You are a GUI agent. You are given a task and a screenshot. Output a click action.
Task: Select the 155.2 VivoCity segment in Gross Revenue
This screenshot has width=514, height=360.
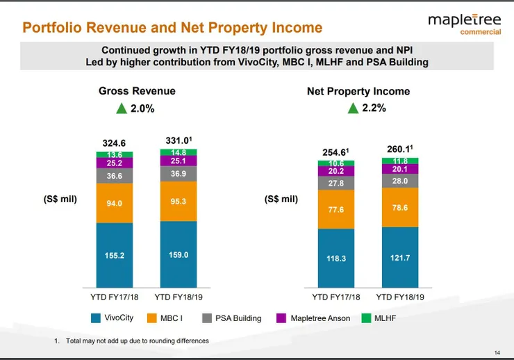[115, 256]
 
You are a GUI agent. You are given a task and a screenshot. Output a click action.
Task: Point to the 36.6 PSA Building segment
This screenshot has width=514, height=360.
[115, 177]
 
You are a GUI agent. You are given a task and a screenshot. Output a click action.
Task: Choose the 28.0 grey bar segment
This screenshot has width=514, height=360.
[400, 180]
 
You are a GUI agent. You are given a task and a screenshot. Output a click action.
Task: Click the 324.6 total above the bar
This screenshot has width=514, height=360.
[115, 142]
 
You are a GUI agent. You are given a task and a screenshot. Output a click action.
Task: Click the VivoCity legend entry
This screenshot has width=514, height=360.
[111, 318]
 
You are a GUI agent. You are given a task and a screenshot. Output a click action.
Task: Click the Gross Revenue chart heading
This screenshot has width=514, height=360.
[137, 91]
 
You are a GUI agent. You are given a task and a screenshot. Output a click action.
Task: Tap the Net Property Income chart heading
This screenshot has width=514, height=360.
[358, 91]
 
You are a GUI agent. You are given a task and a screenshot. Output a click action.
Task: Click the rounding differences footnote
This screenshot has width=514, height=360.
[131, 341]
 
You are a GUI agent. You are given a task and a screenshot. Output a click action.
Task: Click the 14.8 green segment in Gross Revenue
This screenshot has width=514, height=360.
[179, 153]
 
